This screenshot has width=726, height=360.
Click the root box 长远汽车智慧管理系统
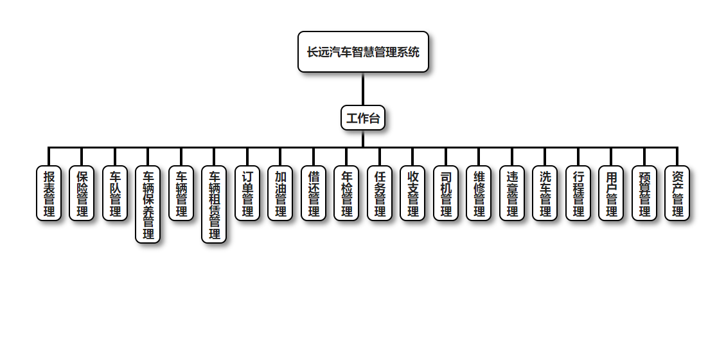(x=363, y=52)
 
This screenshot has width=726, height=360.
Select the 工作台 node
(x=363, y=118)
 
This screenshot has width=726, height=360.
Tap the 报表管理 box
(x=49, y=194)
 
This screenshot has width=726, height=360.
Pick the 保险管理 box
(x=82, y=194)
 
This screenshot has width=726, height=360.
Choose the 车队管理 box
(x=115, y=194)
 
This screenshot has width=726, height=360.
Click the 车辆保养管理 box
(x=148, y=204)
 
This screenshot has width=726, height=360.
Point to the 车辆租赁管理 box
(x=214, y=204)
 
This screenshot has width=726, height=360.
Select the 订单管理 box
(x=247, y=194)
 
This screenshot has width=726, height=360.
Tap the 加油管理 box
(x=280, y=194)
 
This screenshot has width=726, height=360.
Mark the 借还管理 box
(x=314, y=194)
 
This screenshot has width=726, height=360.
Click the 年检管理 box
(x=346, y=194)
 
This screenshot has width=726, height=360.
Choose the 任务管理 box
(x=380, y=194)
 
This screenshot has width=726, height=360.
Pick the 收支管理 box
(x=412, y=194)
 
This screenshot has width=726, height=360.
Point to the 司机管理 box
(x=446, y=194)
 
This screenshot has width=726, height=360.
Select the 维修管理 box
(x=479, y=194)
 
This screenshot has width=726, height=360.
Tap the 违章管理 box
(x=512, y=194)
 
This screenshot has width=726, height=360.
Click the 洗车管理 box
(x=545, y=194)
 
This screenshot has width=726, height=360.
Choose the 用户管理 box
(x=611, y=194)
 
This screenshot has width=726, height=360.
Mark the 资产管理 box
(x=677, y=194)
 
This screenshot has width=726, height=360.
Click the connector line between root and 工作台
(x=363, y=89)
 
